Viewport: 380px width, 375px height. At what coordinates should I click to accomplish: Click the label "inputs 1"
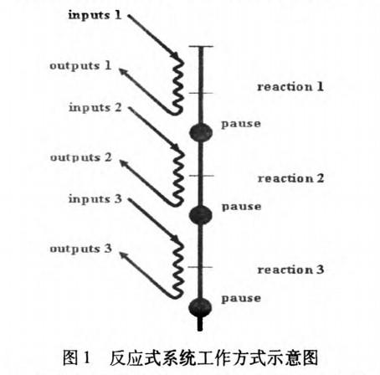(95, 15)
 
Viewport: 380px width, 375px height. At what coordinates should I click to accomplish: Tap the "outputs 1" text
(80, 66)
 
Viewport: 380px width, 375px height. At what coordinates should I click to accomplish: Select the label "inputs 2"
(95, 107)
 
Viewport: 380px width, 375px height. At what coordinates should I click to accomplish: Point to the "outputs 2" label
(81, 157)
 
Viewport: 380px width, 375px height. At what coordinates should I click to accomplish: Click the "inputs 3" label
(95, 199)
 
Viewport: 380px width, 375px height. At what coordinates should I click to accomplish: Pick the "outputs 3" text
(81, 249)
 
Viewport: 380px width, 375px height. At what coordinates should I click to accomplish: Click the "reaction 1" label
(290, 86)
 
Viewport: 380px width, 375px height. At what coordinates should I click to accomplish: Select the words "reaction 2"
(290, 178)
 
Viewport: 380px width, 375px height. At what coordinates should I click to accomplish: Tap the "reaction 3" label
(290, 270)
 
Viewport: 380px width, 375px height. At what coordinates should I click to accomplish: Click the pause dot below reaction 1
(201, 132)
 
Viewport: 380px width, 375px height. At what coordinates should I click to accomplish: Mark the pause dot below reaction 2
(201, 215)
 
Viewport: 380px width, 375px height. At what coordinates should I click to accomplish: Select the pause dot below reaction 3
(200, 307)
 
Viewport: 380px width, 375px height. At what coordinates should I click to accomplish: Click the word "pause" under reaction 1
(241, 124)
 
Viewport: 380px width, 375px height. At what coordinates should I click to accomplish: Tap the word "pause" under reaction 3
(241, 299)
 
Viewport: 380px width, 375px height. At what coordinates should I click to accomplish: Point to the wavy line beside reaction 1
(178, 86)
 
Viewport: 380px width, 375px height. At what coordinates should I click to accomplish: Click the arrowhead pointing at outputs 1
(122, 71)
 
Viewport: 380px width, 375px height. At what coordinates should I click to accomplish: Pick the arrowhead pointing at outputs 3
(122, 255)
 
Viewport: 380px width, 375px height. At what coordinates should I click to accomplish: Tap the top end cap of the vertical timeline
(201, 47)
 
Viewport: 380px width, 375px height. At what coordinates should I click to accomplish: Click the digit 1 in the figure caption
(87, 357)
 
